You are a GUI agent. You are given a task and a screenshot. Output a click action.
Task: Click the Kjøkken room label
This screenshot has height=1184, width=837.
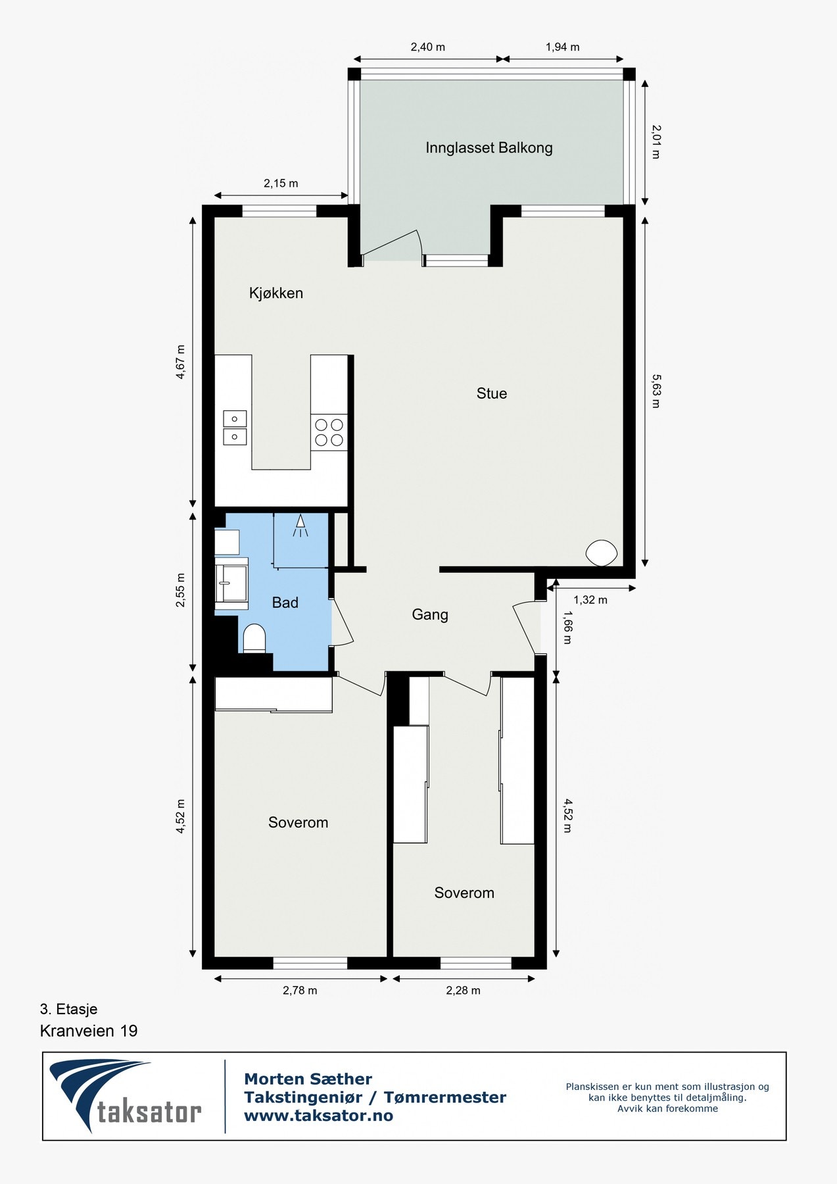[276, 293]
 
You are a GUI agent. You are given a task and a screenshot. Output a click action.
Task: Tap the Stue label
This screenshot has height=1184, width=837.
[492, 393]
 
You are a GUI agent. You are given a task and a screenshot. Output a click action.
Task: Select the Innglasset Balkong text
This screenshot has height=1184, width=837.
[489, 148]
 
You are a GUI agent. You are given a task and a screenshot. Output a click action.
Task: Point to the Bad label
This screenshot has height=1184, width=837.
[285, 603]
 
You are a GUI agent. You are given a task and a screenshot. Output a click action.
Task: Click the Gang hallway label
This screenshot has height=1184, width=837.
[430, 614]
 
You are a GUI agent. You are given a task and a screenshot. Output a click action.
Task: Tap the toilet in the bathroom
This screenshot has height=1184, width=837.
[254, 639]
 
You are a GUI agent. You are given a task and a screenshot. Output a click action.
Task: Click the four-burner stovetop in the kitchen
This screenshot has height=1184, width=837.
[329, 432]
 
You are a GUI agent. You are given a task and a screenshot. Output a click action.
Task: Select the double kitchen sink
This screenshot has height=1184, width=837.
[235, 428]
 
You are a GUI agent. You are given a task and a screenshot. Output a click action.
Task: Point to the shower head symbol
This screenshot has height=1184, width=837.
[300, 525]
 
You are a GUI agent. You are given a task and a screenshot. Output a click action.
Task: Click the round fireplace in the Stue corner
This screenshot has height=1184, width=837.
[601, 553]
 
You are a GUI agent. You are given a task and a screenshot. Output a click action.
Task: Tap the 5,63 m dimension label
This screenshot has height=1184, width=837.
[656, 391]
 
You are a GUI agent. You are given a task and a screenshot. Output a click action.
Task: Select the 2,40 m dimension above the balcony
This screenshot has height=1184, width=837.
[427, 47]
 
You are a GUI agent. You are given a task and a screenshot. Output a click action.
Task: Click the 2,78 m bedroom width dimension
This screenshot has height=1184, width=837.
[300, 991]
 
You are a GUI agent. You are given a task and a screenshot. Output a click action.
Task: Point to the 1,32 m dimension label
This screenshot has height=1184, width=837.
[590, 600]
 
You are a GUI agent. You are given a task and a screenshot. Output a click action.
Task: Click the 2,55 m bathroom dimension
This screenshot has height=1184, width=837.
[181, 590]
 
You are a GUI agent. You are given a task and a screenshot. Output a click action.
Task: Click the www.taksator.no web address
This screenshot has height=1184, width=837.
[318, 1116]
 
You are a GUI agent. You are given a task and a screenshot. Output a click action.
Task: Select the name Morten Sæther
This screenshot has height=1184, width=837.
[308, 1079]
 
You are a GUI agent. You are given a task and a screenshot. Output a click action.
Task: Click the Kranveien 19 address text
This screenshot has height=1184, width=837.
[89, 1031]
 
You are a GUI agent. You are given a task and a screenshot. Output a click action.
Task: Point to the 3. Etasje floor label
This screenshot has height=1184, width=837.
[68, 1009]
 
